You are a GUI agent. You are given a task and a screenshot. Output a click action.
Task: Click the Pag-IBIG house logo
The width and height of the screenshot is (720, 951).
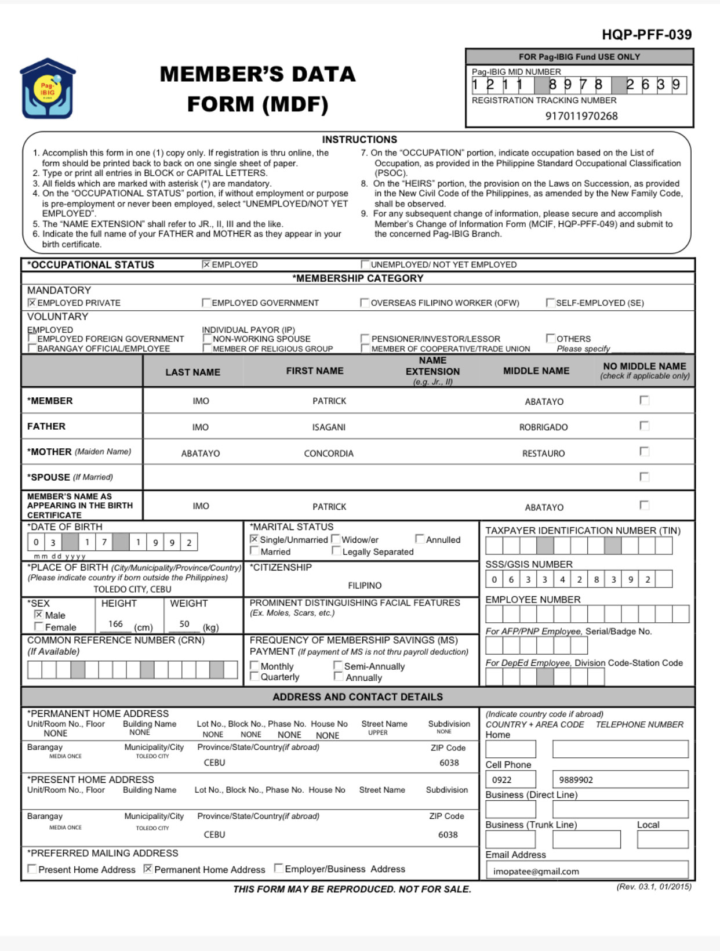[48, 89]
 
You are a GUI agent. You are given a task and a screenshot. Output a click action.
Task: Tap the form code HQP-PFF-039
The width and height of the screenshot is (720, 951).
[646, 35]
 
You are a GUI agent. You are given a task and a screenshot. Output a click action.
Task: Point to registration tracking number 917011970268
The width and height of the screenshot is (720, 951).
[581, 116]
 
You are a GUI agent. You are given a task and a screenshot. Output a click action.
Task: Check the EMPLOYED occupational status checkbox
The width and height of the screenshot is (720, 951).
[206, 264]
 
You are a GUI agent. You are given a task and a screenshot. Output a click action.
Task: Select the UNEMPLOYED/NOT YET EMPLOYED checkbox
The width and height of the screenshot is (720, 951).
[365, 264]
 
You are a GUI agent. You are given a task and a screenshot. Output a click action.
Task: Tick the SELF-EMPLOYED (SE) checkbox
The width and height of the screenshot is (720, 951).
[550, 303]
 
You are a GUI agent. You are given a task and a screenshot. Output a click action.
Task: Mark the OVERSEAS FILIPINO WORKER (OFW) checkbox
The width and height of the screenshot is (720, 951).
[365, 303]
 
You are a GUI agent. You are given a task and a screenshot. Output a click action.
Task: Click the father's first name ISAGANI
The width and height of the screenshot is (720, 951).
[329, 427]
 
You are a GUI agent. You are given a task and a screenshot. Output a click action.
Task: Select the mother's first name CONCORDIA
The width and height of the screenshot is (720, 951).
[329, 453]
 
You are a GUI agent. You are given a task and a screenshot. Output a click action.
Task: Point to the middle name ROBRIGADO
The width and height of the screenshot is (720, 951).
[543, 427]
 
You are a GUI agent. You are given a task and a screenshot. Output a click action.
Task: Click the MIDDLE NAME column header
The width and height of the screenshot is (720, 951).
[536, 371]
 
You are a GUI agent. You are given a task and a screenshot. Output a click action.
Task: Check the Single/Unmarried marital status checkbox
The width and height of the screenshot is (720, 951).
[254, 539]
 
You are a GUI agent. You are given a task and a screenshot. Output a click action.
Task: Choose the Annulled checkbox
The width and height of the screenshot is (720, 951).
[420, 539]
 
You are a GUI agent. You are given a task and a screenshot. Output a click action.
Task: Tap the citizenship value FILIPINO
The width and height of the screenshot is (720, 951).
[365, 586]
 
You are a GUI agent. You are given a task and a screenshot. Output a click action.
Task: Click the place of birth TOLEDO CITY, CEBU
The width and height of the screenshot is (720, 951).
[132, 589]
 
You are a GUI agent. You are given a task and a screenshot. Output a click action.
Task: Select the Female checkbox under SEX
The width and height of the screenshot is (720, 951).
[39, 627]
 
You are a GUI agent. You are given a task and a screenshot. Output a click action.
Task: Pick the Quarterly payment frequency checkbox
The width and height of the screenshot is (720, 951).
[254, 677]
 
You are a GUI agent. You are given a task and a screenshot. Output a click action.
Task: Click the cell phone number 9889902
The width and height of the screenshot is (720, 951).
[576, 780]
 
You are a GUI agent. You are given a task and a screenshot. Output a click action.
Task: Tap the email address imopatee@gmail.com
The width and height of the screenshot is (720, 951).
[536, 872]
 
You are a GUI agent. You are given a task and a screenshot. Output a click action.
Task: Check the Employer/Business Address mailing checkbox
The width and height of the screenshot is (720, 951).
[278, 869]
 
